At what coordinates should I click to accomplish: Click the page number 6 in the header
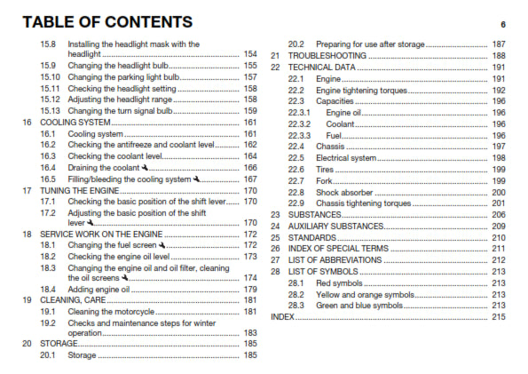(502, 24)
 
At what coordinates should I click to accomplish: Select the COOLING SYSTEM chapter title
(74, 123)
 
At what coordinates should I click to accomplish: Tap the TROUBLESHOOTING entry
(326, 55)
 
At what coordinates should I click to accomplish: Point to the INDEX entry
(282, 317)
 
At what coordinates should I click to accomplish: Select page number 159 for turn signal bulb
(250, 111)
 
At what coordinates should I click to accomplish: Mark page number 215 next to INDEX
(498, 317)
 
